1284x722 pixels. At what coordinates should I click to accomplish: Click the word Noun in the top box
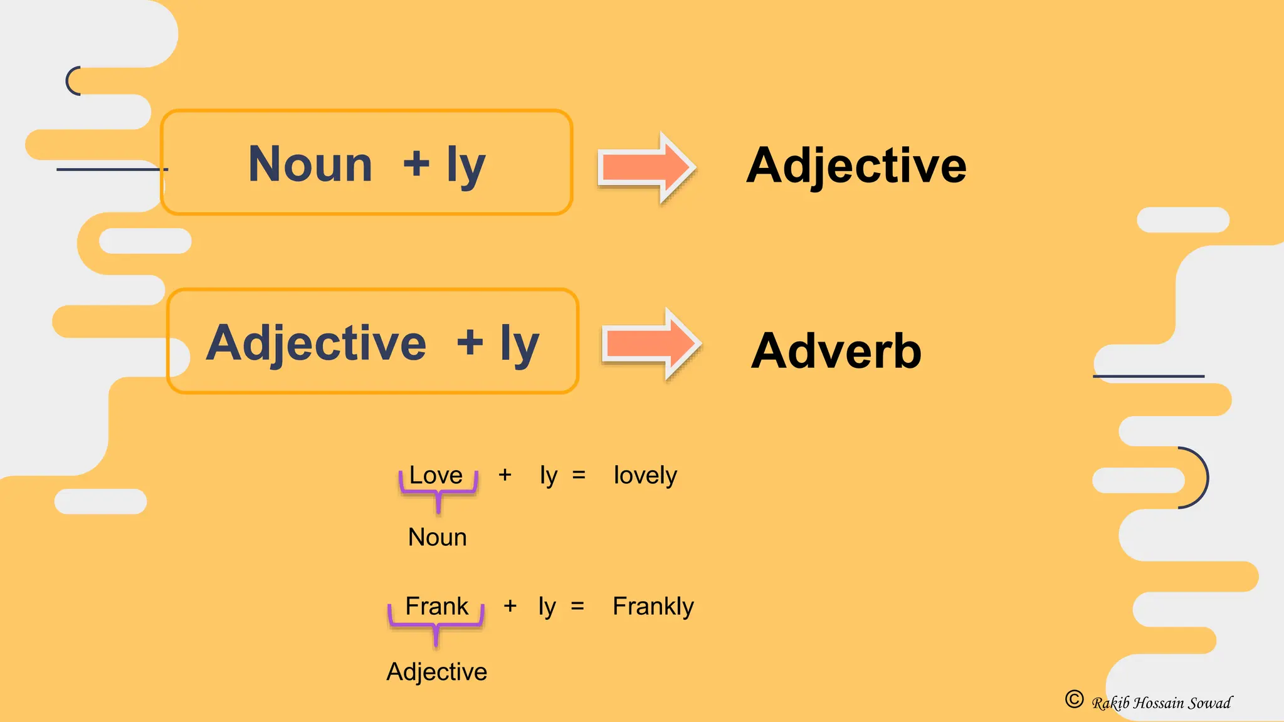click(310, 164)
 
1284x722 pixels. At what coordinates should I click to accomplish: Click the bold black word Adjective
click(856, 165)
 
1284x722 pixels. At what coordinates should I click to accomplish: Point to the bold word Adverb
click(836, 350)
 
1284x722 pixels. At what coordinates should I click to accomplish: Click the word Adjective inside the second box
click(316, 343)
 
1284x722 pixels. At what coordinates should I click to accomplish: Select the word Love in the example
click(436, 475)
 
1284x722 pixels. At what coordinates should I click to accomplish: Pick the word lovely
click(645, 476)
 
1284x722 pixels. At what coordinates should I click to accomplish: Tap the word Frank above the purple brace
click(436, 606)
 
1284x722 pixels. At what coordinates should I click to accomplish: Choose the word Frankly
click(653, 606)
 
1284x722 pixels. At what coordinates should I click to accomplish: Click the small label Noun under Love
click(437, 537)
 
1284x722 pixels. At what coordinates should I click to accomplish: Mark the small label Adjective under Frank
click(436, 671)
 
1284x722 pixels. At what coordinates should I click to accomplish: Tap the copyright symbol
click(1074, 699)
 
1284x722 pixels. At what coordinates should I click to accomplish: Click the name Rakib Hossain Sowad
click(1162, 703)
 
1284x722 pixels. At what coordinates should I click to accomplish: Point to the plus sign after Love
click(505, 475)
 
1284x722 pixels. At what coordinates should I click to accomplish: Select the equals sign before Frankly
click(577, 606)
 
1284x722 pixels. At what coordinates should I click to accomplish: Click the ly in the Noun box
click(466, 165)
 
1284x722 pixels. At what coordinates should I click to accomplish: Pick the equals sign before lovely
click(579, 475)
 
